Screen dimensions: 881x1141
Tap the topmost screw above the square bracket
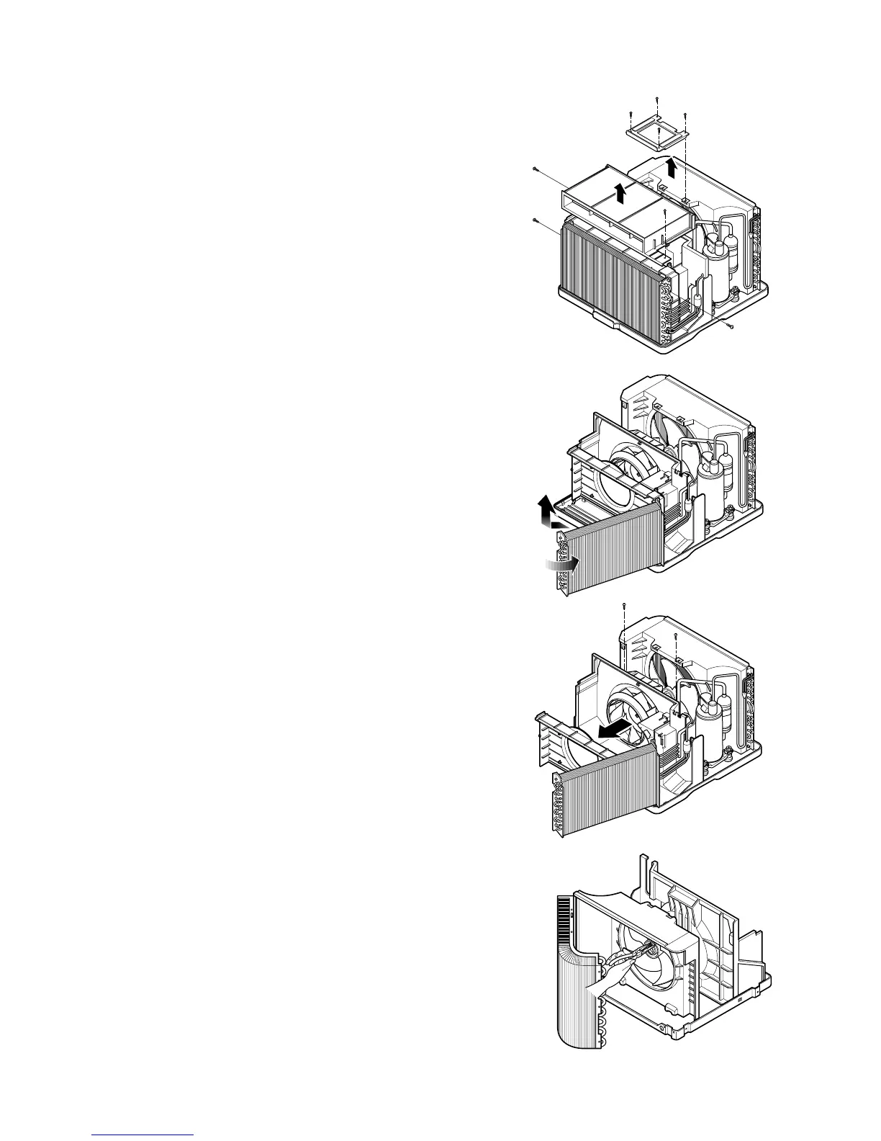point(656,99)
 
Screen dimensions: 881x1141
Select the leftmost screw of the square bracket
point(631,114)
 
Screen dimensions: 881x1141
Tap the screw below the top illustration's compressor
point(731,327)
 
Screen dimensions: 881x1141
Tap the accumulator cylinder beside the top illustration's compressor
point(733,253)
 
